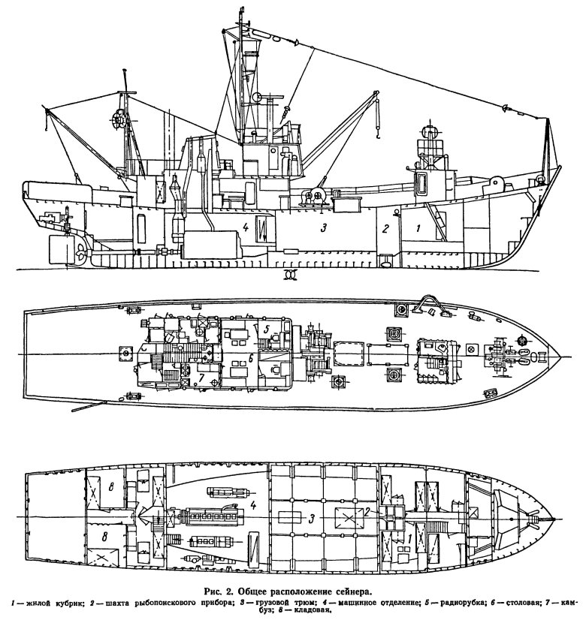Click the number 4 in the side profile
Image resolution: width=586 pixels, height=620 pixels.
click(x=246, y=227)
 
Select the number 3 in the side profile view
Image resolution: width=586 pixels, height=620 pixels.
click(x=324, y=227)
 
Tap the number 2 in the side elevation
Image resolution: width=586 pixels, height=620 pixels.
click(x=385, y=228)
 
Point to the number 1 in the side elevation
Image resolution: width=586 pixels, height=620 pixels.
click(x=418, y=227)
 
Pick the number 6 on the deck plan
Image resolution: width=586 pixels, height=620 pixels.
click(x=251, y=359)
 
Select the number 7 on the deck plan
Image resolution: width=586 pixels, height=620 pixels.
click(x=201, y=378)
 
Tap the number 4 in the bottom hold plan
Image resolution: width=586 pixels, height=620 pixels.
click(x=253, y=505)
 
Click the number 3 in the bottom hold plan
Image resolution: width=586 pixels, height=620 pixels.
click(x=312, y=519)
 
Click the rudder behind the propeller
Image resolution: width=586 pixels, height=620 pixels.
click(x=62, y=250)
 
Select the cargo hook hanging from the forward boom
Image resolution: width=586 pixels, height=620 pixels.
click(x=378, y=134)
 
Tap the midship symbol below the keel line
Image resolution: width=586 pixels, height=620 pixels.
click(x=291, y=274)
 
